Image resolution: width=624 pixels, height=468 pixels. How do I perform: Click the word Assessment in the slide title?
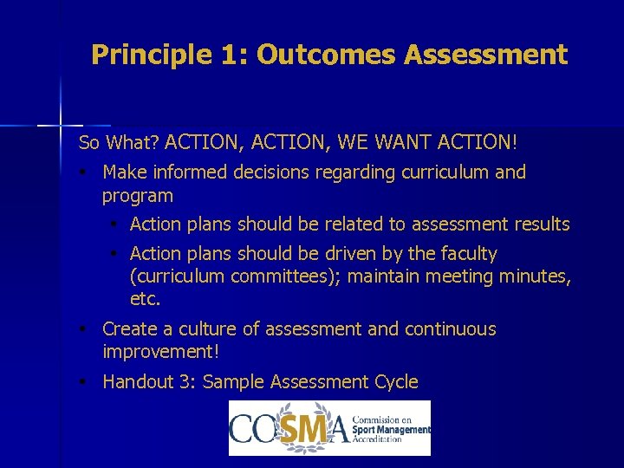coord(486,55)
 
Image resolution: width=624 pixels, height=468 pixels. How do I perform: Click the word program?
coord(138,197)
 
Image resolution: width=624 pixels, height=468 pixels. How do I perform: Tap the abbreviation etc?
coord(145,300)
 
